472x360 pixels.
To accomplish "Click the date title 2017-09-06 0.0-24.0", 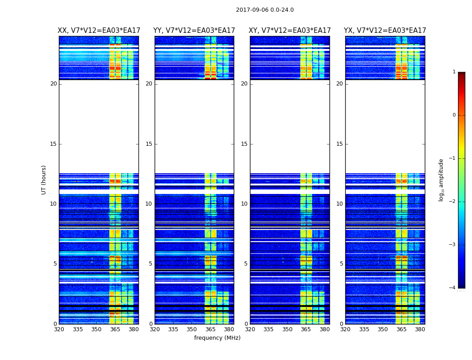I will pos(265,10).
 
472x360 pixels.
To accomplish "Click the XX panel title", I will pos(99,31).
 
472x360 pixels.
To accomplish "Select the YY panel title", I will pos(194,31).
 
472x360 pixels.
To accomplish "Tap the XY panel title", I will pos(290,31).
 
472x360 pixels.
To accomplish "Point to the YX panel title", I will pos(385,31).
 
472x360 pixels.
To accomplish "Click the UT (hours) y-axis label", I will pos(44,180).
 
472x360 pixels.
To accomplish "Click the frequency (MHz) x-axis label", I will pos(217,338).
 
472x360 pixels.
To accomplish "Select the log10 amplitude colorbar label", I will pos(441,180).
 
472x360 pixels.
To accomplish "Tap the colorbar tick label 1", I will pos(454,72).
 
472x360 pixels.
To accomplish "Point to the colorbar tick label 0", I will pos(454,115).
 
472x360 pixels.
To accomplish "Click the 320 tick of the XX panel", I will pos(59,329).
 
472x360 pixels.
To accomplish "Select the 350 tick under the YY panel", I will pos(192,329).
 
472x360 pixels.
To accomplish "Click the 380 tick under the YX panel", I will pos(420,329).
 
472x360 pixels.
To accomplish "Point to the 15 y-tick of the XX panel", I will pos(53,144).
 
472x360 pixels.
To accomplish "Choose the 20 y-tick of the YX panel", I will pos(339,84).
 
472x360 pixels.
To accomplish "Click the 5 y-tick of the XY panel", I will pos(246,264).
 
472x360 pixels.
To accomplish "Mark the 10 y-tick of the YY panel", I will pos(149,204).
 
